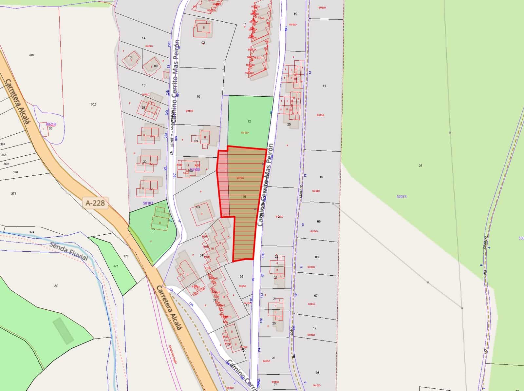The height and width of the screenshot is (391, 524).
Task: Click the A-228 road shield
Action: pyautogui.click(x=95, y=203)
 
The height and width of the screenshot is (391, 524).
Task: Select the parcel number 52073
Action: pyautogui.click(x=401, y=197)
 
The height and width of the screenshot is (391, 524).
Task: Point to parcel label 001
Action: pyautogui.click(x=32, y=55)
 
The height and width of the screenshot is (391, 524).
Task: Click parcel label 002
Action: pyautogui.click(x=93, y=105)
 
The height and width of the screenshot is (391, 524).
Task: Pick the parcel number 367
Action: pyautogui.click(x=3, y=144)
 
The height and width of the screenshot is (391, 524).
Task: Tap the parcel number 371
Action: pyautogui.click(x=13, y=194)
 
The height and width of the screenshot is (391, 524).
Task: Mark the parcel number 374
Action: pyautogui.click(x=31, y=232)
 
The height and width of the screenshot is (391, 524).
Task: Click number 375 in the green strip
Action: pyautogui.click(x=116, y=266)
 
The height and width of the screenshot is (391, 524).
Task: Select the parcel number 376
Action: pyautogui.click(x=126, y=256)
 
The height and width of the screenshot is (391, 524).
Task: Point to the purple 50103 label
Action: pyautogui.click(x=148, y=203)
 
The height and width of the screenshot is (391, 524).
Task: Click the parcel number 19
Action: pyautogui.click(x=295, y=14)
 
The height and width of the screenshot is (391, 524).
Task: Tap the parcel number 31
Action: pyautogui.click(x=275, y=384)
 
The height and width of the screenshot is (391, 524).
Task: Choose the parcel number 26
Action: pyautogui.click(x=273, y=358)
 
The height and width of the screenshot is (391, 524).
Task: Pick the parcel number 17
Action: pyautogui.click(x=315, y=328)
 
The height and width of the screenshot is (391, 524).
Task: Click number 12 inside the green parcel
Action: pyautogui.click(x=249, y=121)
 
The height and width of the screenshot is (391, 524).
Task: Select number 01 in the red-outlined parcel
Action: pyautogui.click(x=244, y=197)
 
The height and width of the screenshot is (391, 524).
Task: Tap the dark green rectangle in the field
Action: pyautogui.click(x=64, y=331)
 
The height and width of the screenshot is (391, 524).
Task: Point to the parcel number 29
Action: pyautogui.click(x=143, y=108)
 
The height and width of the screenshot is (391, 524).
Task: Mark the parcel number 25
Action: pyautogui.click(x=274, y=323)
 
